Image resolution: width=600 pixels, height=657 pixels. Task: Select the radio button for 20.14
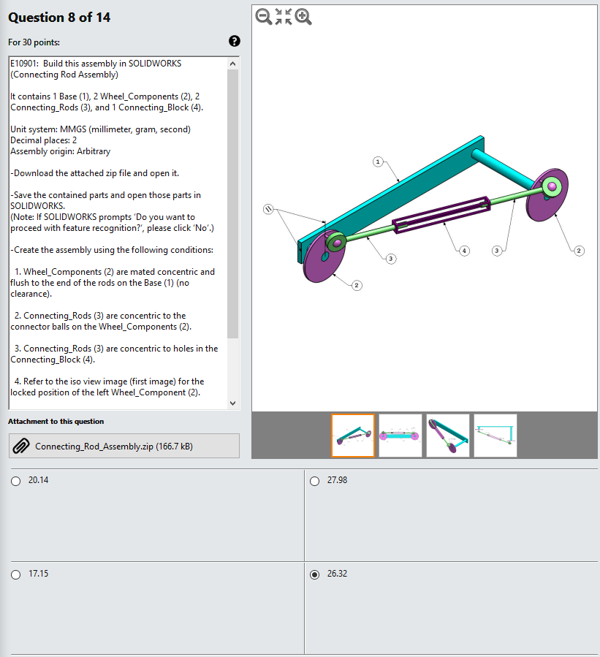16,481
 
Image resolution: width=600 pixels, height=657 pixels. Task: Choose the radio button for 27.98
315,481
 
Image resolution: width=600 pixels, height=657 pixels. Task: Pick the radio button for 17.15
16,574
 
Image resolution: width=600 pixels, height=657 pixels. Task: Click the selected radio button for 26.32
315,574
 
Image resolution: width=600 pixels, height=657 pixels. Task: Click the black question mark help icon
235,42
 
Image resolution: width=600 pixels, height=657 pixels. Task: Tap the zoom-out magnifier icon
263,16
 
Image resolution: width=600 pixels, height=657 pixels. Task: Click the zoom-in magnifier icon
303,16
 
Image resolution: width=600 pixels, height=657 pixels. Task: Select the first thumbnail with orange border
353,436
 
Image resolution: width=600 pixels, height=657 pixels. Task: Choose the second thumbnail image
400,436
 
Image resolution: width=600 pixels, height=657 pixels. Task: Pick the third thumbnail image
448,436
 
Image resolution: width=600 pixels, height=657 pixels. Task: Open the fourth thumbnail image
495,436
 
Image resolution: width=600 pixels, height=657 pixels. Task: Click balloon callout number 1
378,161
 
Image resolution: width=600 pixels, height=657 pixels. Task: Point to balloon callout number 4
463,251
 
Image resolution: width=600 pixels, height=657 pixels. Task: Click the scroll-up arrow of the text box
233,64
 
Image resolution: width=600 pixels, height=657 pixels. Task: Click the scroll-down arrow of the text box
233,403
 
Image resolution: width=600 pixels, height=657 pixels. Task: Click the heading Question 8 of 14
59,17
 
